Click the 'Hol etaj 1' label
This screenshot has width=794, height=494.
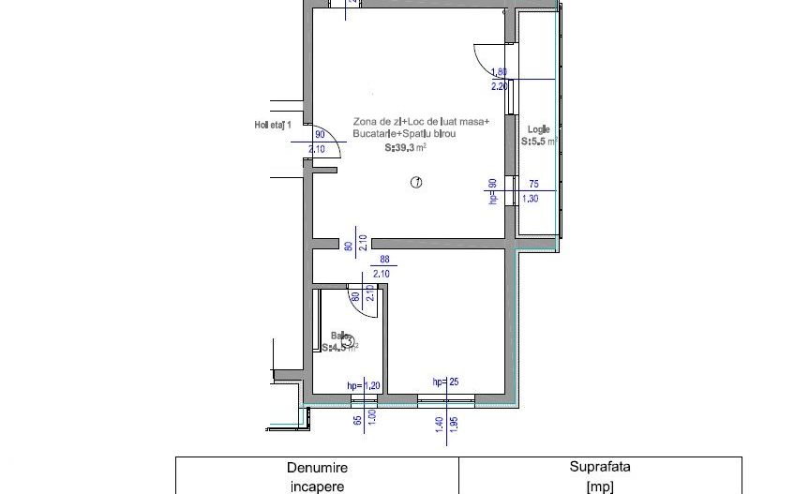pyautogui.click(x=274, y=125)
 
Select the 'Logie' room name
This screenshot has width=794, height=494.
pyautogui.click(x=538, y=129)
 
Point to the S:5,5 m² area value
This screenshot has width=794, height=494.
pyautogui.click(x=540, y=142)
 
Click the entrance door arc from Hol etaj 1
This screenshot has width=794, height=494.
pyautogui.click(x=319, y=144)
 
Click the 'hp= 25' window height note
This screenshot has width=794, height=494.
pyautogui.click(x=446, y=382)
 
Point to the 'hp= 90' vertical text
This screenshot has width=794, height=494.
pyautogui.click(x=492, y=191)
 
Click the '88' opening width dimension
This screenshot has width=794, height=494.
pyautogui.click(x=384, y=262)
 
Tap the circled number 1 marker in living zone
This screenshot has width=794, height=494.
pyautogui.click(x=416, y=183)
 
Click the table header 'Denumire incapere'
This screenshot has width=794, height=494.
pyautogui.click(x=317, y=476)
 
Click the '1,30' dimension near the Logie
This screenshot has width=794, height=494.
pyautogui.click(x=530, y=199)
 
